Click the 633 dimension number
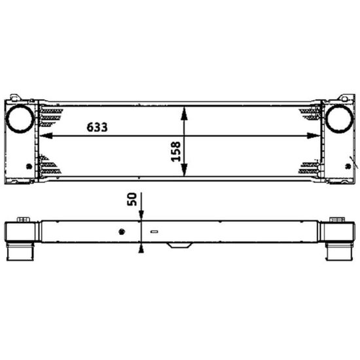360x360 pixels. (x=97, y=127)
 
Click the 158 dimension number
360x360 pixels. (x=176, y=152)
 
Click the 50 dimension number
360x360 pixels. (x=132, y=199)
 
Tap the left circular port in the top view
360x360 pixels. (x=20, y=118)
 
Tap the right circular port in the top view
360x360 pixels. (x=339, y=118)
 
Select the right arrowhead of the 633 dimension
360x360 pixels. (x=314, y=135)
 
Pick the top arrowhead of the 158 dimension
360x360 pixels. (x=184, y=113)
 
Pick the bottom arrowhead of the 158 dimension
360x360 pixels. (x=184, y=170)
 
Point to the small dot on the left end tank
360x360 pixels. (x=29, y=166)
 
